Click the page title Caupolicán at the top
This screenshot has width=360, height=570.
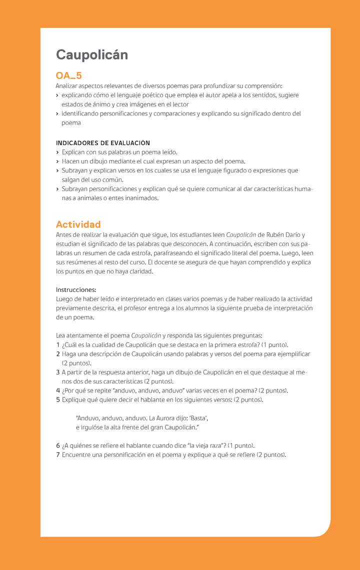coord(91,54)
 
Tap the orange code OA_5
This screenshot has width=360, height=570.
coord(68,76)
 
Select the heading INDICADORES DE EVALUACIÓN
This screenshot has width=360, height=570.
coord(103,143)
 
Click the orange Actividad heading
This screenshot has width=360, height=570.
coord(78,224)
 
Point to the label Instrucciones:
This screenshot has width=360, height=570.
coord(76,289)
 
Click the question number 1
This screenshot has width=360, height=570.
coord(58,344)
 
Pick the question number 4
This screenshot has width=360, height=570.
coord(58,390)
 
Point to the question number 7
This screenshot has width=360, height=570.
coord(58,454)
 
